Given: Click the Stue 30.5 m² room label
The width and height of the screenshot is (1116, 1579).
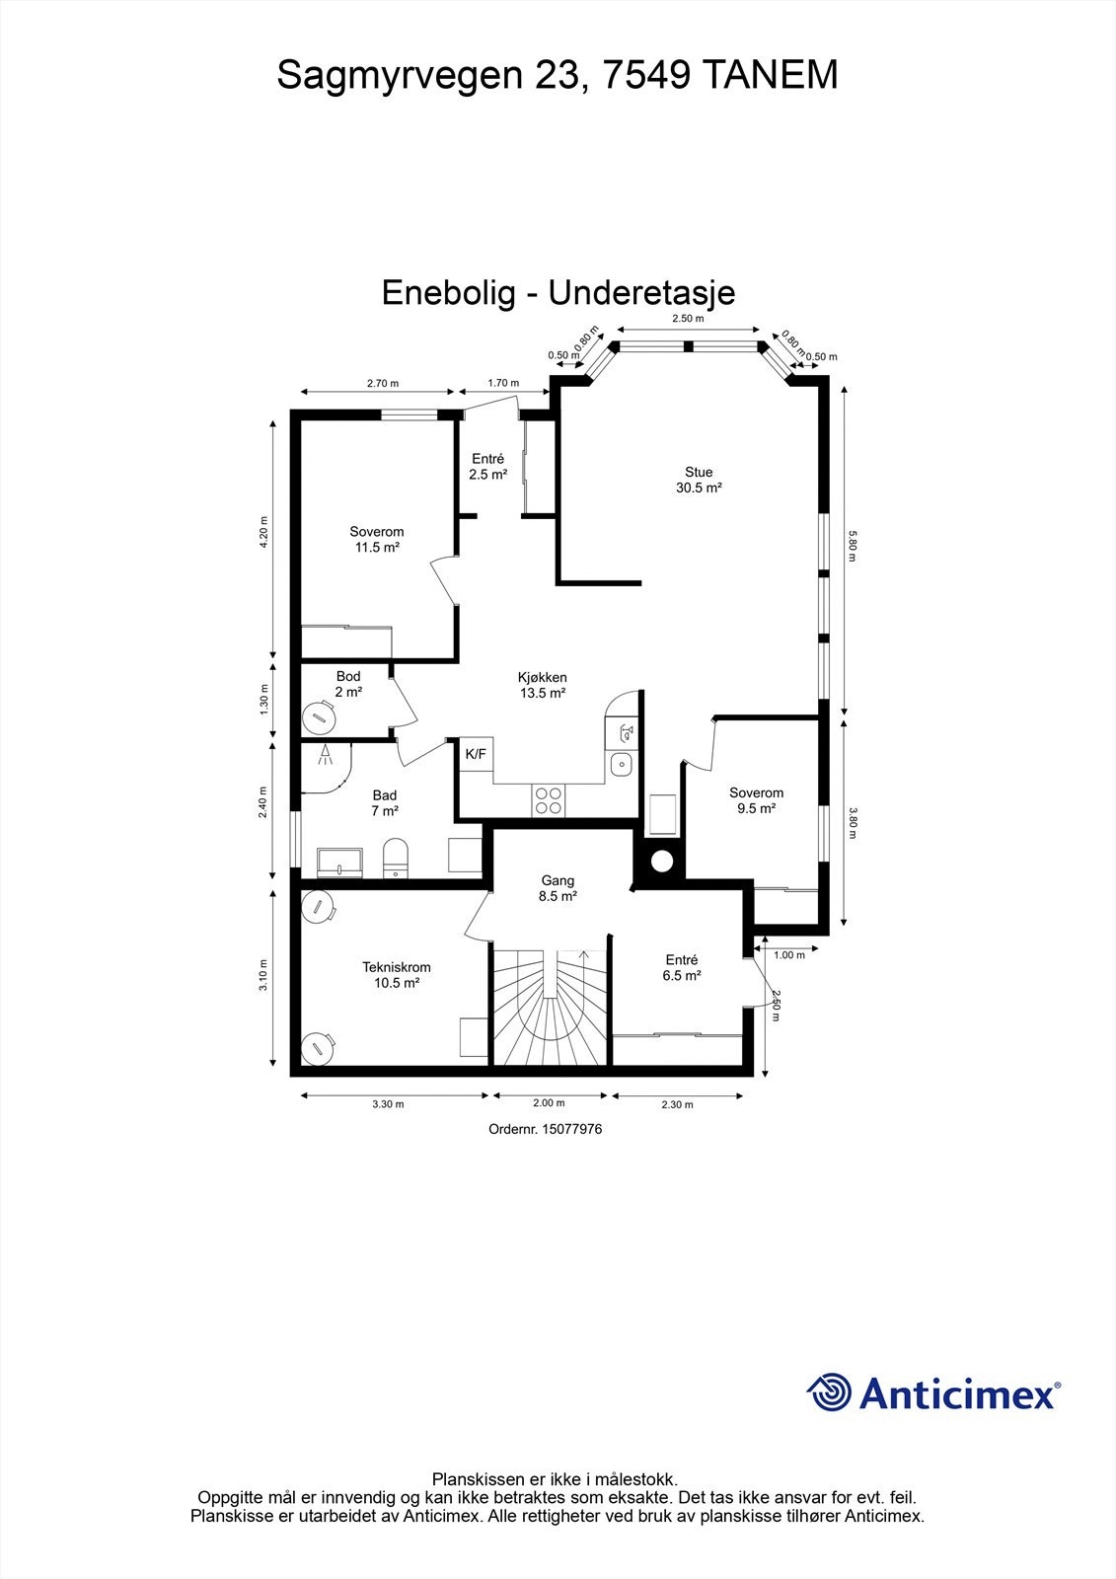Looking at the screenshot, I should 699,480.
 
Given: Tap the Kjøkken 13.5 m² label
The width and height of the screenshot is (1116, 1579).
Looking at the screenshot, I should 542,685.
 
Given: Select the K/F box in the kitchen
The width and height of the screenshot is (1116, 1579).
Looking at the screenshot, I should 476,754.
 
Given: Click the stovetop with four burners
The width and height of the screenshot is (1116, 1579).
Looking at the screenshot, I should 549,799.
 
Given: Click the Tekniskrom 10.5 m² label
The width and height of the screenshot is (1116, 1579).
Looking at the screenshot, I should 396,975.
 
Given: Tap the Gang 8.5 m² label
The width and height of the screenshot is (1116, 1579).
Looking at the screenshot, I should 558,888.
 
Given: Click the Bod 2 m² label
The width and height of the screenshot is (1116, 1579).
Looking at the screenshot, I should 348,684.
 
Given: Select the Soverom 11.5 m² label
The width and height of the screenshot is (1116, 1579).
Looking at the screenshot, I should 377,539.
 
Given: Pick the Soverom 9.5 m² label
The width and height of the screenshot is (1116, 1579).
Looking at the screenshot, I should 756,799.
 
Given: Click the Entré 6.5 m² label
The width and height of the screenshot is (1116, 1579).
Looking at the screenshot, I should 681,967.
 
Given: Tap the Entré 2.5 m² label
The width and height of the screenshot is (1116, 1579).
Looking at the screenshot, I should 487,466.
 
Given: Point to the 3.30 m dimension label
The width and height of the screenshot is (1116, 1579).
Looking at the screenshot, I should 388,1104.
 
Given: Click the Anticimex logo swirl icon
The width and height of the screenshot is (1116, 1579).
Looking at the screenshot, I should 829,1393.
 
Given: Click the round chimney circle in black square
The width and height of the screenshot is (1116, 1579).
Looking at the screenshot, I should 661,861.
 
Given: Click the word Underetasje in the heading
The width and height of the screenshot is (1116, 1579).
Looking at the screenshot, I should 641,293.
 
